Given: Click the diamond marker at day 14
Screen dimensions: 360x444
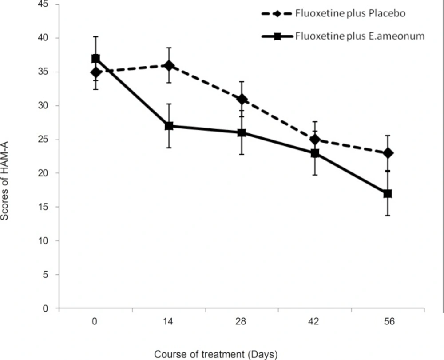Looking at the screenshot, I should coord(169,65).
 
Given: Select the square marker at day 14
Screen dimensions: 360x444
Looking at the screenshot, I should coord(169,126).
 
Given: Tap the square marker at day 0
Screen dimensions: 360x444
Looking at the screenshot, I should coord(95,59).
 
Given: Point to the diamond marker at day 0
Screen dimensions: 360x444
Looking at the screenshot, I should coord(95,72).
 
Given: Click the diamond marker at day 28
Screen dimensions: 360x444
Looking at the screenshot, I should coord(242,99).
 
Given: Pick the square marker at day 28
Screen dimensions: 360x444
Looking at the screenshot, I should coord(242,132).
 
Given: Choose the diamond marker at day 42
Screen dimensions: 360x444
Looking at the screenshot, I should coord(315,140).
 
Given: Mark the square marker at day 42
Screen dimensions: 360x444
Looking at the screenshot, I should coord(315,153).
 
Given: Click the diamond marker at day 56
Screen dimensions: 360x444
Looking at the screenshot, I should coord(388,153).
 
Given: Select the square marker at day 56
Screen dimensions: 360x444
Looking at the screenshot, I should coord(388,194).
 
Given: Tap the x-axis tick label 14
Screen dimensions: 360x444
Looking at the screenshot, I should coord(169,322).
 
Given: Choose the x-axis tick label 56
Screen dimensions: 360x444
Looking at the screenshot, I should coord(388,322).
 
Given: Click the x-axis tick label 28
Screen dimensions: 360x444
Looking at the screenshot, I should coord(242,322).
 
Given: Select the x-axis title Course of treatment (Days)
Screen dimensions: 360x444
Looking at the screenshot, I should coord(216,354).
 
